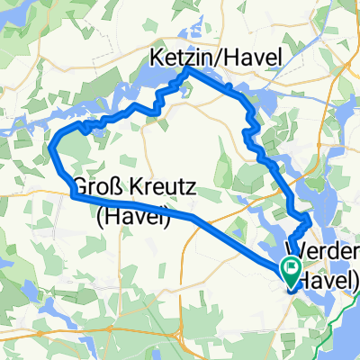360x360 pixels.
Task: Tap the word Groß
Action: (x=98, y=190)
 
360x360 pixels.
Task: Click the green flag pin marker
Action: (x=292, y=267)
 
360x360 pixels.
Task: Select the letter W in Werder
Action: (x=294, y=249)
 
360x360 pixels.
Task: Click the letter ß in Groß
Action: (x=116, y=190)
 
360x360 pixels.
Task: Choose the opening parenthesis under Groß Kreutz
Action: (x=97, y=216)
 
